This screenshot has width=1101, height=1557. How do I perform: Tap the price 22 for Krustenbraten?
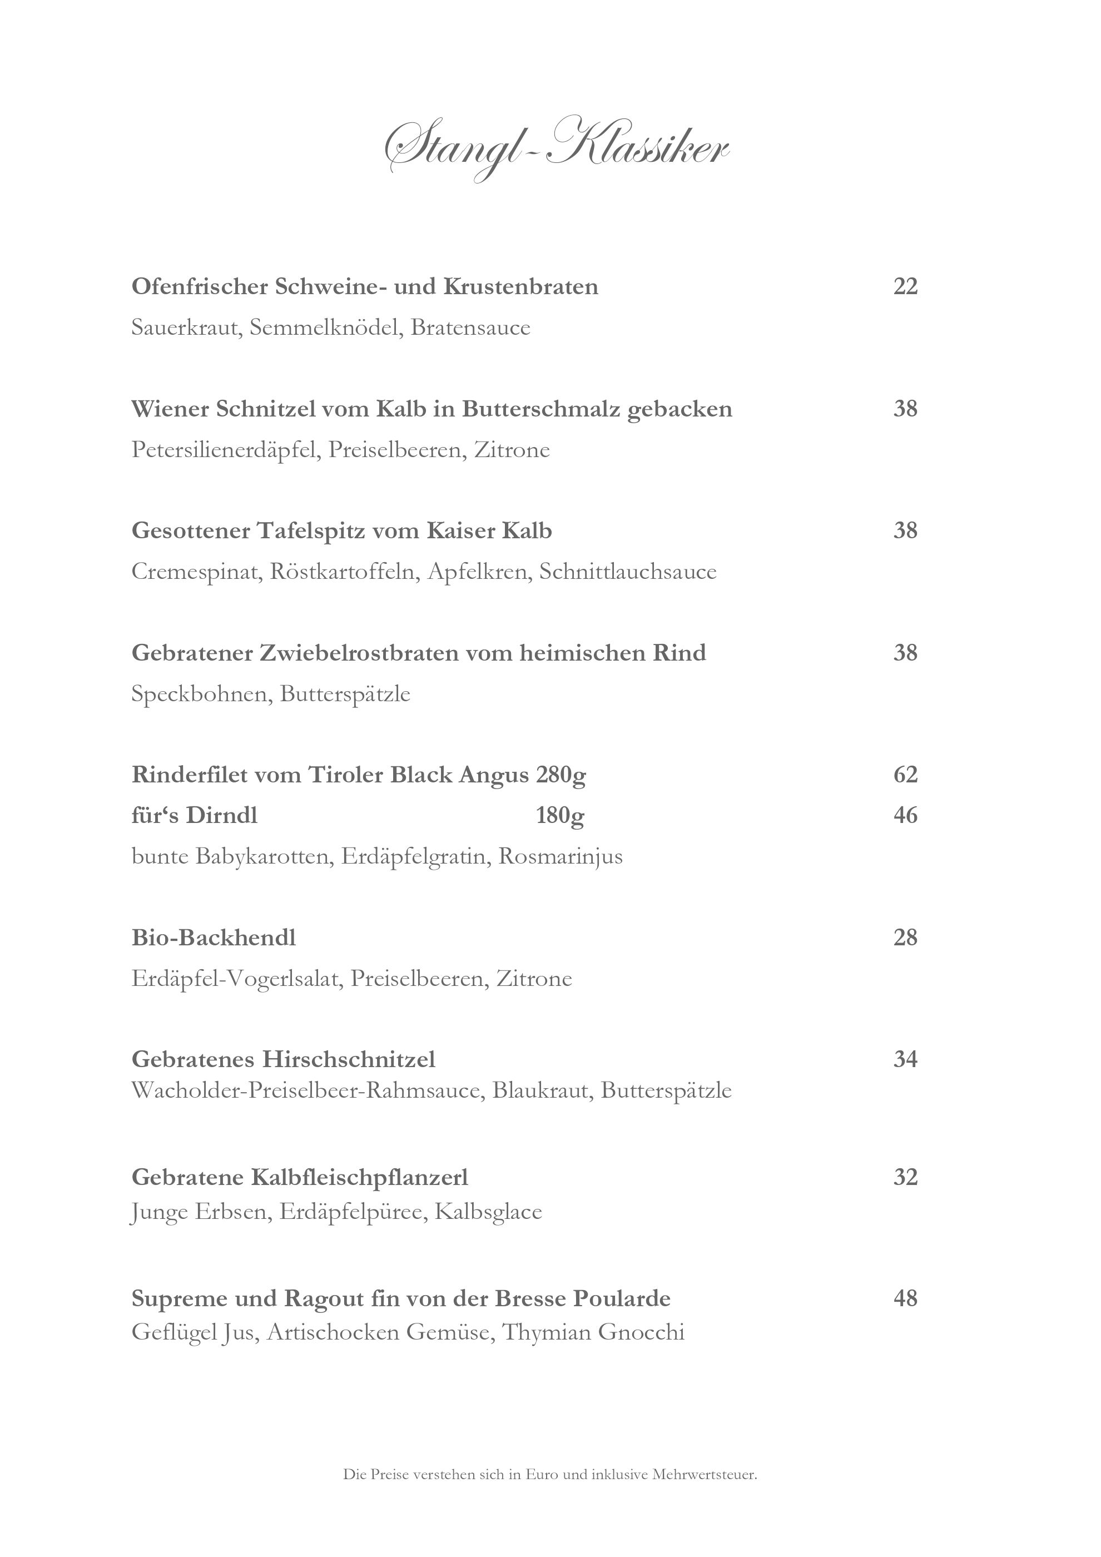[905, 287]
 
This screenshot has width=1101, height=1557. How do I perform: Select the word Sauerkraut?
[186, 328]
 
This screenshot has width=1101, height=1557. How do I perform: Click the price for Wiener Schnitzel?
[905, 409]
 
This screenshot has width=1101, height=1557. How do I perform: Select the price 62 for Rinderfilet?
[905, 775]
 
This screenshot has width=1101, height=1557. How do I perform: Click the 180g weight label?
[560, 816]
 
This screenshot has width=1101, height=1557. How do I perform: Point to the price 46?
[905, 815]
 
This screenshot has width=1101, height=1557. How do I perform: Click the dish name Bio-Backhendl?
[214, 938]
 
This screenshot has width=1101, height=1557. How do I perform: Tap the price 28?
[905, 938]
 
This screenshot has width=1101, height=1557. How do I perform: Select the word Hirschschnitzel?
[349, 1059]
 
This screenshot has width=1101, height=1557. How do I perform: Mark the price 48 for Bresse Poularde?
[905, 1298]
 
